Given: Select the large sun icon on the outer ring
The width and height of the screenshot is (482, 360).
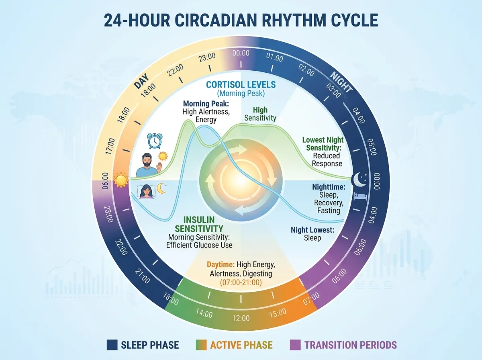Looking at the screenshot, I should pos(120,180).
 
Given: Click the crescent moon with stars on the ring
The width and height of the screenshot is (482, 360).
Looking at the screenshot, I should pos(359,180).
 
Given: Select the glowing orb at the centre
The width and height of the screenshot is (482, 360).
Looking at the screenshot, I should pos(241,180).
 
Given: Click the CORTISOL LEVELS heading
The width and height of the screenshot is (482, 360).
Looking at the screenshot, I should pos(241,85).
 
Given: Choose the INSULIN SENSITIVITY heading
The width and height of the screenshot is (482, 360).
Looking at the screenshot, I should pos(200,224).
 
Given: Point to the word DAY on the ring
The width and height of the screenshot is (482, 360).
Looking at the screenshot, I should pos(141,82).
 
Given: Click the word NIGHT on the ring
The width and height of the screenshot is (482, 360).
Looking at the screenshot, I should pos(341,82).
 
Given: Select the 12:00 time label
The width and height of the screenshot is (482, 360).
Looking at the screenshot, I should pos(241,318).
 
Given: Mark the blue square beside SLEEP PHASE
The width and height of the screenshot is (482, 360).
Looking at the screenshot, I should pos(112,345).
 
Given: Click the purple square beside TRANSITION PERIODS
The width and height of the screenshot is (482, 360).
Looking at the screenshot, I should pos(294,345).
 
